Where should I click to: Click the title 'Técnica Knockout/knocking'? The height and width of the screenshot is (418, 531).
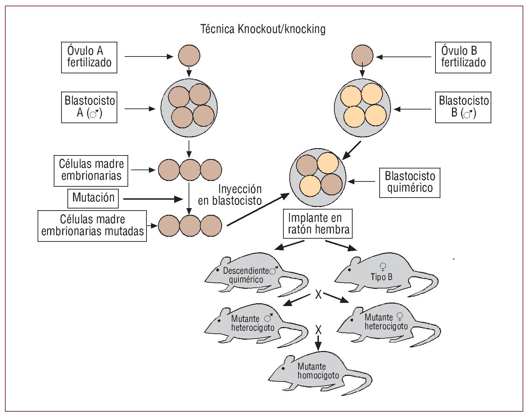[263, 29]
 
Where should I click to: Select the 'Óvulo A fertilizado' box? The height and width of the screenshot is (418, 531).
[89, 57]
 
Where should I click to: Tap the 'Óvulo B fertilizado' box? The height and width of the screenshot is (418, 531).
[463, 57]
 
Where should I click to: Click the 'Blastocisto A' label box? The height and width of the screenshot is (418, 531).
[89, 107]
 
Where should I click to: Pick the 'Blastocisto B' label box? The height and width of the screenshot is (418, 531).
[463, 107]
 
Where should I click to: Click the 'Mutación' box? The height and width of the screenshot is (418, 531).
[93, 198]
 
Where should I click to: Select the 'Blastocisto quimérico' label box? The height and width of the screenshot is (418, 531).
[409, 182]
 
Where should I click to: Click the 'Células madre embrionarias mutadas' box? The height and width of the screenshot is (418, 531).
[92, 226]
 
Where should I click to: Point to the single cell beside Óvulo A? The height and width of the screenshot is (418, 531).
[189, 55]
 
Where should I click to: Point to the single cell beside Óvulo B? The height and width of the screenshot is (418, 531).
[362, 55]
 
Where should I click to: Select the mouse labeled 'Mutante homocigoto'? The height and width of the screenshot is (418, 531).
[320, 376]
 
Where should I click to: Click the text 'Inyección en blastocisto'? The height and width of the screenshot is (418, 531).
[230, 195]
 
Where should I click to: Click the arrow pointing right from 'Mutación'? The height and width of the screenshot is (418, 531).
[153, 199]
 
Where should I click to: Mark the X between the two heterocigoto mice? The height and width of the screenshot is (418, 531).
[318, 330]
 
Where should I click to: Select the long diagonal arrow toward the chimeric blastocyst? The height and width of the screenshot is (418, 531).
[258, 210]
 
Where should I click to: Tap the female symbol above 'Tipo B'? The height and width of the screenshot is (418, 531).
[383, 266]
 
